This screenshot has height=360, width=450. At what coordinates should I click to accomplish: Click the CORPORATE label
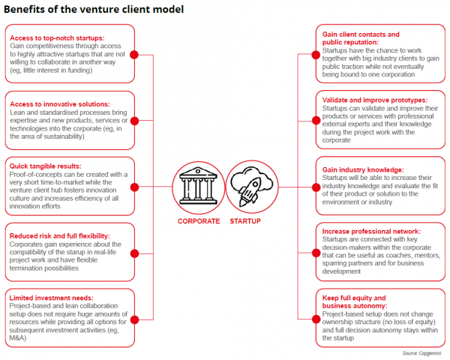tap(198, 222)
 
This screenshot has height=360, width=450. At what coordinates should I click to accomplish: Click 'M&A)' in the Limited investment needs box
tap(20, 337)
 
